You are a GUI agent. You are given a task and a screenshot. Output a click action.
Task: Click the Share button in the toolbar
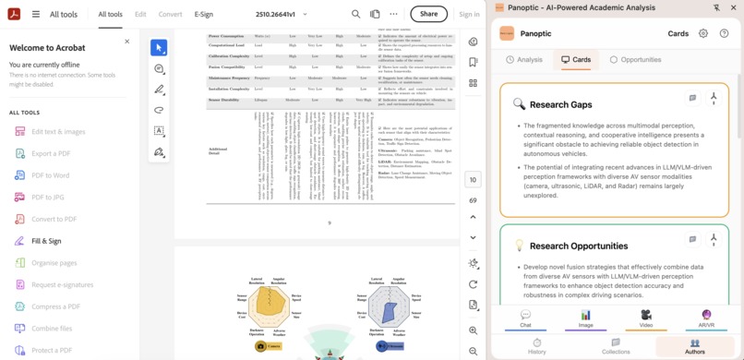point(428,14)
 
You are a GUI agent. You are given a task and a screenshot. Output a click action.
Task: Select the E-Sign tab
point(203,15)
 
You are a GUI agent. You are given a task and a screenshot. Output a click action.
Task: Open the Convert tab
point(170,15)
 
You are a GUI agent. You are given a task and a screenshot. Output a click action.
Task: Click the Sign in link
point(469,15)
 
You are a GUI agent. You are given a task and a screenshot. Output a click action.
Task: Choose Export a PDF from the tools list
point(51,153)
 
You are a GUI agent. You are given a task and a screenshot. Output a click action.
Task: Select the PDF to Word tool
point(50,175)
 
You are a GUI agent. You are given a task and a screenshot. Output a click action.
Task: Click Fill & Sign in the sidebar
point(46,241)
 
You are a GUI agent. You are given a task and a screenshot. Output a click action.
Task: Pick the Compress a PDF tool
point(55,306)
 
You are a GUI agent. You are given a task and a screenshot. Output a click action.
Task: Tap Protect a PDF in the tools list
point(51,350)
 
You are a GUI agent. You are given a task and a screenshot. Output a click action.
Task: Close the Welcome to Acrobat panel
point(127,42)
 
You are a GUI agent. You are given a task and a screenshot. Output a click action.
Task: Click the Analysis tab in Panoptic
point(524,60)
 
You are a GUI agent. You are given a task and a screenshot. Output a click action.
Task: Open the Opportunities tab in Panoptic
point(635,60)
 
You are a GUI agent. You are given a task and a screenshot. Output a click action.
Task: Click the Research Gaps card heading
point(560,105)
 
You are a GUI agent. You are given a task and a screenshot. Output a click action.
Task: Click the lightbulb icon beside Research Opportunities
point(519,246)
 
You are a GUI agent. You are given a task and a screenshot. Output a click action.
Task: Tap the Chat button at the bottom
point(525,318)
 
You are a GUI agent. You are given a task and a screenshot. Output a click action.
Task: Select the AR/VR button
point(706,318)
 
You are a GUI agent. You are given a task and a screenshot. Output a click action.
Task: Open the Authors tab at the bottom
point(694,346)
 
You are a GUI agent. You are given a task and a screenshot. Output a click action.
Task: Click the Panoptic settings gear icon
point(703,34)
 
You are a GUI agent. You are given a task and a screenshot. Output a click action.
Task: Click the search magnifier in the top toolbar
point(355,15)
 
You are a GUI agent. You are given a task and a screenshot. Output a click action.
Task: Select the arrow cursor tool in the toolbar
point(159,47)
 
